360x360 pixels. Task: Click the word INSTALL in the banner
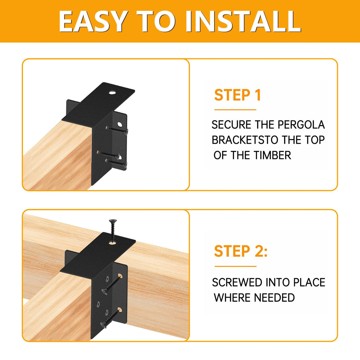(x=243, y=21)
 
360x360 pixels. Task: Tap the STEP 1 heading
(x=238, y=95)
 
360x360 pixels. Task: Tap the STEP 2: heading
(x=240, y=251)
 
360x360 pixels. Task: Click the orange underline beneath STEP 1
(x=235, y=110)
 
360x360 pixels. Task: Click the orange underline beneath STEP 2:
(x=235, y=266)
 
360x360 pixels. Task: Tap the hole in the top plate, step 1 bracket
(x=112, y=93)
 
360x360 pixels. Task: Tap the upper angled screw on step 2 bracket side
(x=111, y=283)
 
